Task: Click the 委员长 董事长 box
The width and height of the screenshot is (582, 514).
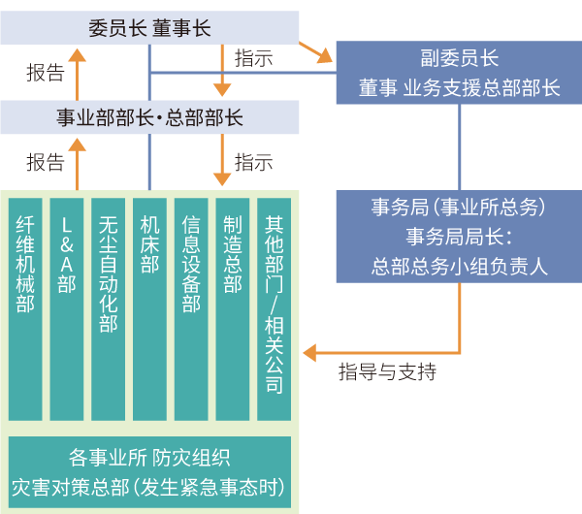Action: click(x=149, y=27)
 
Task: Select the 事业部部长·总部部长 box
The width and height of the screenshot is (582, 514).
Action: click(x=149, y=117)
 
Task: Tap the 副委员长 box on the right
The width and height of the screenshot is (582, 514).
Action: click(x=459, y=73)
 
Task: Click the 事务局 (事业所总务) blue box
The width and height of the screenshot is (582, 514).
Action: click(x=459, y=237)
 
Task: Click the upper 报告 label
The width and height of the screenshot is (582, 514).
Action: click(x=45, y=73)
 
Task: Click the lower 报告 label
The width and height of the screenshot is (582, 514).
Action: click(x=45, y=163)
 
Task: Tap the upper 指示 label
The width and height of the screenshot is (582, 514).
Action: click(x=254, y=58)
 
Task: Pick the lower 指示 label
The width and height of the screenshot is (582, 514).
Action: click(x=254, y=163)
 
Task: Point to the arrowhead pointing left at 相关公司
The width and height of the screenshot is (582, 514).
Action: click(x=311, y=351)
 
